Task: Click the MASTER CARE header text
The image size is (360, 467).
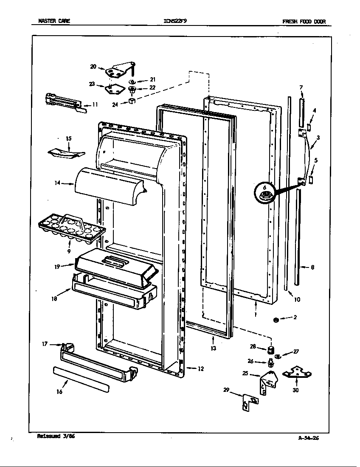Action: click(54, 22)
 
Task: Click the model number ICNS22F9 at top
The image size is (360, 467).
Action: click(174, 22)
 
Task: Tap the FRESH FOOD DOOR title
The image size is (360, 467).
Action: click(304, 22)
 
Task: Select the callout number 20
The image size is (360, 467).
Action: click(93, 66)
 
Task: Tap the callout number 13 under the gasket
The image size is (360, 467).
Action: click(213, 348)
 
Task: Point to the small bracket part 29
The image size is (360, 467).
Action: click(248, 402)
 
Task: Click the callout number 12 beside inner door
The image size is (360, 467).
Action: click(200, 369)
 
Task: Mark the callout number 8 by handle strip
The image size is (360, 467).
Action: click(312, 267)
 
